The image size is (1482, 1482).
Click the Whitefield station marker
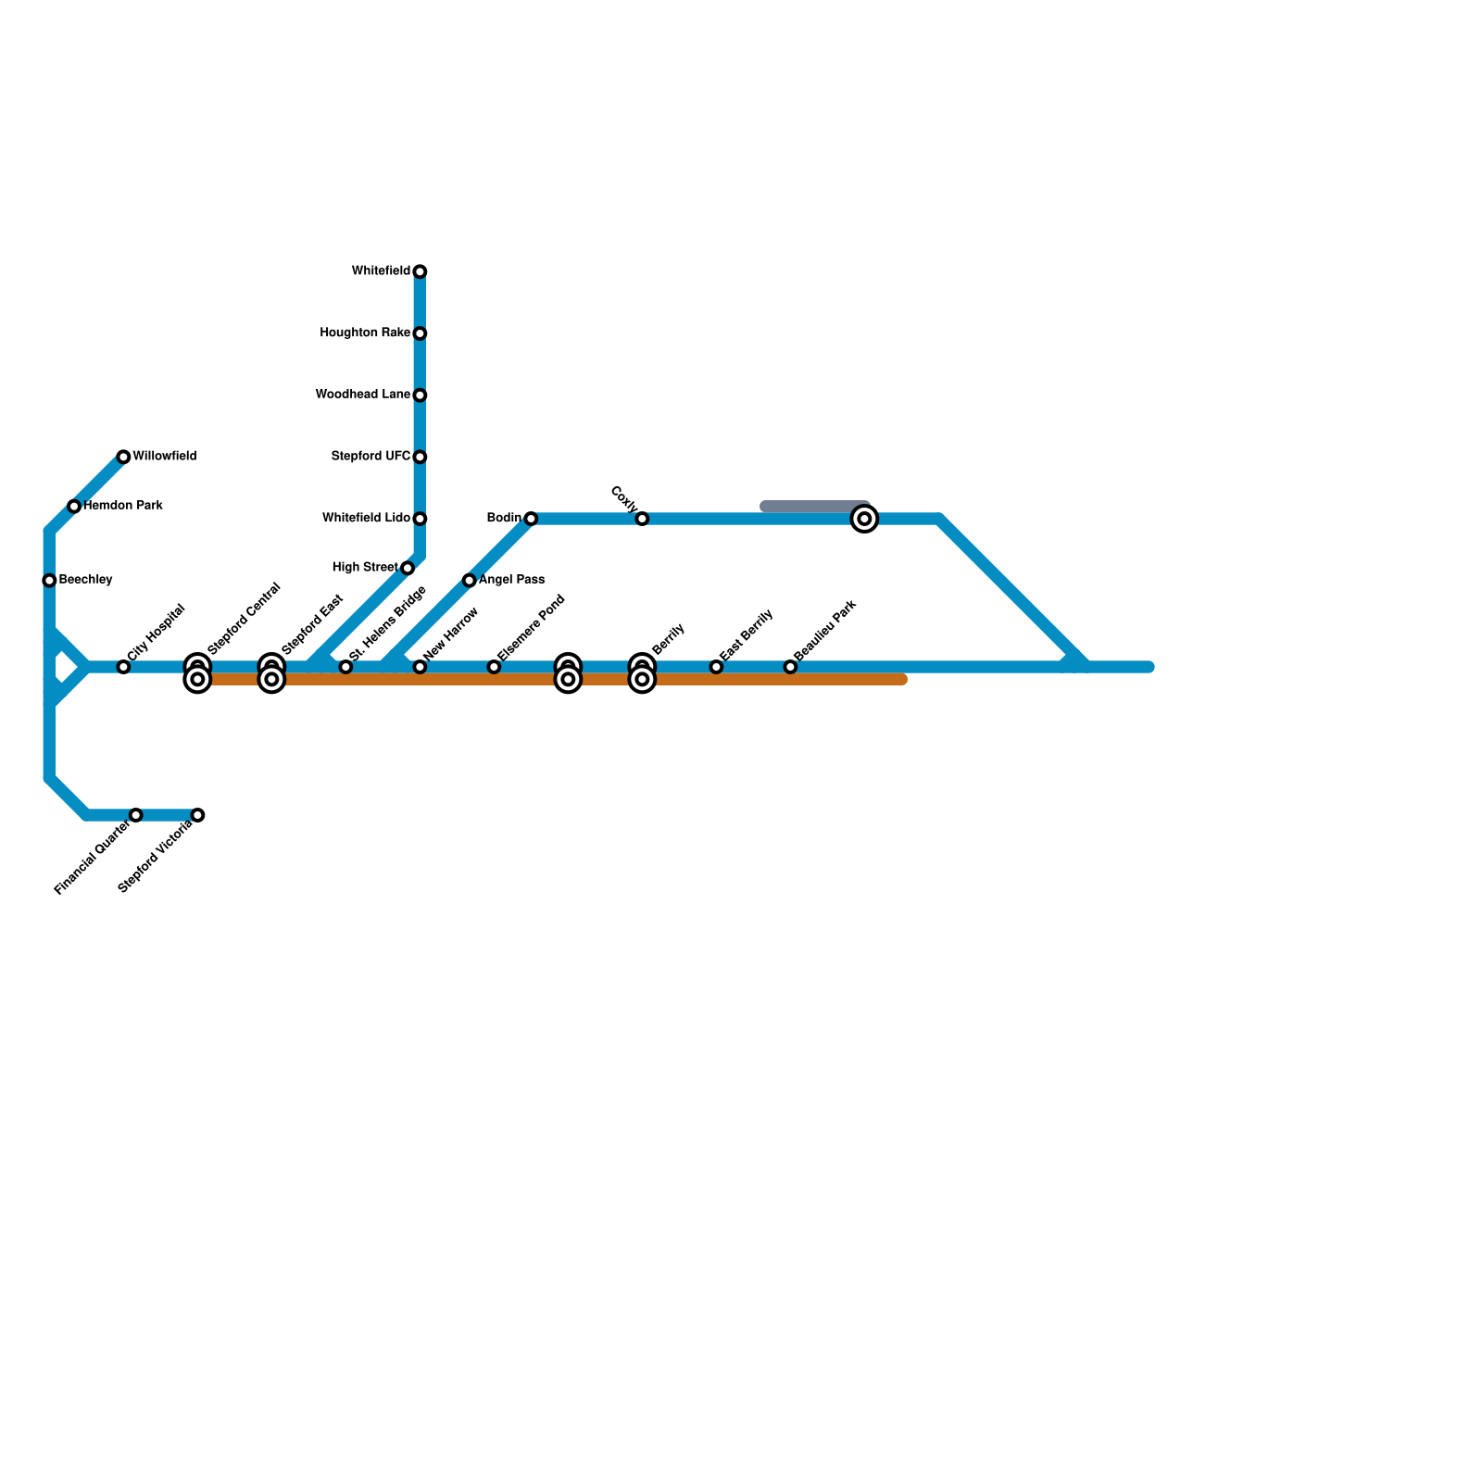tap(420, 271)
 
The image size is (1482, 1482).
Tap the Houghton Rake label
tap(365, 333)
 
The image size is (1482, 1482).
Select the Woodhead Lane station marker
tap(420, 396)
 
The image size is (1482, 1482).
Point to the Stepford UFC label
tap(370, 457)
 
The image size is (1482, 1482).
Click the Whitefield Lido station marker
tap(420, 519)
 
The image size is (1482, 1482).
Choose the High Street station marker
tap(408, 568)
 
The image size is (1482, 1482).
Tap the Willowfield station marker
tap(123, 457)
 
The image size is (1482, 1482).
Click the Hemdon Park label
tap(123, 506)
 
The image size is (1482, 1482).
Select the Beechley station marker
tap(49, 581)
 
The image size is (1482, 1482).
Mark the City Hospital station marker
tap(123, 667)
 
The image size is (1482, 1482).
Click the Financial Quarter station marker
tap(136, 815)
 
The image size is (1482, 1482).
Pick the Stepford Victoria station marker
tap(197, 815)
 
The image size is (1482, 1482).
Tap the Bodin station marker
tap(531, 519)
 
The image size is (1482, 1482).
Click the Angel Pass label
tap(511, 580)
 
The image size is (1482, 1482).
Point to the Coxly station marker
tap(642, 519)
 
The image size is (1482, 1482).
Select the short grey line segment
tap(813, 506)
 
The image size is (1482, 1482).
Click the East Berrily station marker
tap(716, 667)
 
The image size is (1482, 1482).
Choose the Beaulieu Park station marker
tap(790, 667)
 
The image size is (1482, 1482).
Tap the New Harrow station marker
tap(420, 667)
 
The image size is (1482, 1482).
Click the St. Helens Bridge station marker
tap(345, 667)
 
